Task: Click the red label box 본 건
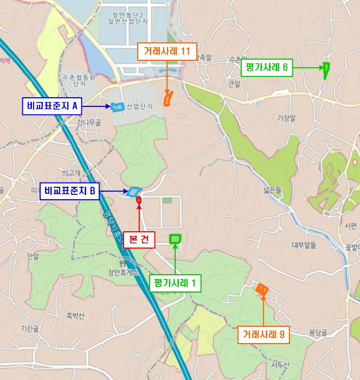(x=139, y=239)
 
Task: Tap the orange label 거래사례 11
(x=167, y=52)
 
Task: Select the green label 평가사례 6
(x=267, y=68)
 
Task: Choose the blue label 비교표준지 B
(x=70, y=191)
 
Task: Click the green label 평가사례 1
(x=175, y=283)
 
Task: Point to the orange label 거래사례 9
(x=263, y=334)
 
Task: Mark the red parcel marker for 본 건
(x=139, y=200)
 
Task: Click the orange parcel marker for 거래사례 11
(x=169, y=98)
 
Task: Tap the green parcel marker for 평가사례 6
(x=326, y=70)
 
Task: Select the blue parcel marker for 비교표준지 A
(x=117, y=107)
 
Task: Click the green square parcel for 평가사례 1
(x=175, y=238)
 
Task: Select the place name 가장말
(x=287, y=117)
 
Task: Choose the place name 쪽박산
(x=75, y=316)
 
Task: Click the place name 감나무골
(x=89, y=123)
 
